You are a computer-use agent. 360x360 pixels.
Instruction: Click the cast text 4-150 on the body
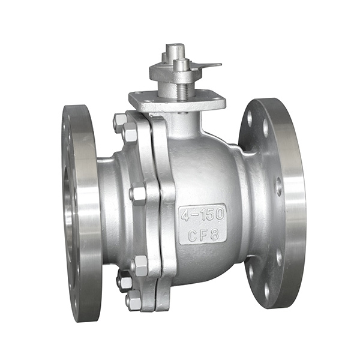click(202, 213)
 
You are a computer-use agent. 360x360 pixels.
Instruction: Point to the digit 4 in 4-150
click(185, 214)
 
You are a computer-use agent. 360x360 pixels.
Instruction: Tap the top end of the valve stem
click(175, 48)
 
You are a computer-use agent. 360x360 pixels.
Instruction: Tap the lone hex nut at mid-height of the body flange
click(138, 194)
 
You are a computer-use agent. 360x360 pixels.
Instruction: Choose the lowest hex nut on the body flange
click(133, 299)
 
